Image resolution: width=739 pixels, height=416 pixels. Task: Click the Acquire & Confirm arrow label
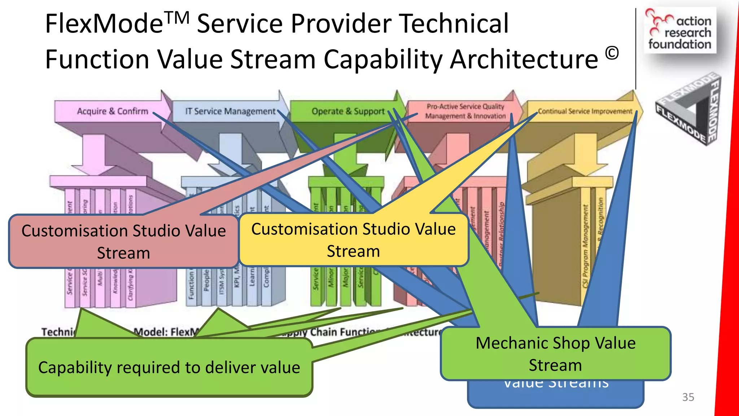(x=112, y=111)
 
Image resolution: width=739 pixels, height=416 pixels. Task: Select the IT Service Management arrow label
(x=230, y=111)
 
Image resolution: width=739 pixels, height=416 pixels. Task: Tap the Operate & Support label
(x=348, y=111)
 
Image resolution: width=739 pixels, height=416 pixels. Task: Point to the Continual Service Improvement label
(x=585, y=111)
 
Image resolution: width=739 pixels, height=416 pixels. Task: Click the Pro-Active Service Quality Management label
(x=465, y=111)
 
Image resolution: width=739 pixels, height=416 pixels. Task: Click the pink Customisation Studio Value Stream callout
(x=123, y=242)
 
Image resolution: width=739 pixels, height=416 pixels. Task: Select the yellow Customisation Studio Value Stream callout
(x=353, y=240)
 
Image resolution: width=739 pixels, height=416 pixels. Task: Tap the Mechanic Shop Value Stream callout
(x=555, y=354)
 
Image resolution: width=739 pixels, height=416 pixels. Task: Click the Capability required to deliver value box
(x=169, y=368)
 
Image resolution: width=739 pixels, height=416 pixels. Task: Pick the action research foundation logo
(x=680, y=31)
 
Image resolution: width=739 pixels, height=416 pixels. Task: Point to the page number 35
(x=688, y=397)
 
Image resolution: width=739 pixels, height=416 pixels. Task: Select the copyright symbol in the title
(x=612, y=53)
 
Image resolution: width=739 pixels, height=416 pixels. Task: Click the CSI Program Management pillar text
(x=585, y=246)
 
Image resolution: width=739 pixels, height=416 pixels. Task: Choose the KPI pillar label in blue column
(x=237, y=278)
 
